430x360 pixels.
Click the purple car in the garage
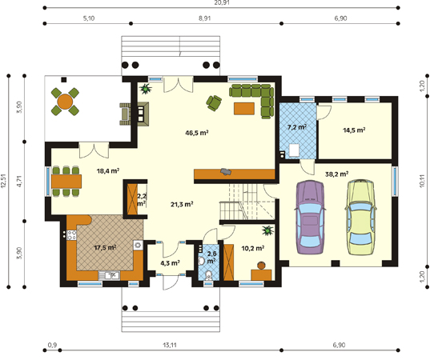pyautogui.click(x=311, y=218)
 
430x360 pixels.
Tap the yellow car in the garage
pyautogui.click(x=360, y=217)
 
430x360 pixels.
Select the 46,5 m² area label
pyautogui.click(x=197, y=133)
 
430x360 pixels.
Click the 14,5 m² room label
pyautogui.click(x=354, y=130)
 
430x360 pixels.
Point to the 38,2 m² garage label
pyautogui.click(x=337, y=174)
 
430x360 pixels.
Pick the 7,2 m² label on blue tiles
pyautogui.click(x=297, y=127)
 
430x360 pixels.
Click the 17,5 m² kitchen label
pyautogui.click(x=106, y=248)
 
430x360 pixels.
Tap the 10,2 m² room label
pyautogui.click(x=253, y=248)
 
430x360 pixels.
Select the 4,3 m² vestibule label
pyautogui.click(x=170, y=263)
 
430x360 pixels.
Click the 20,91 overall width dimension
pyautogui.click(x=222, y=2)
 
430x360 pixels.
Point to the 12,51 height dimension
pyautogui.click(x=3, y=181)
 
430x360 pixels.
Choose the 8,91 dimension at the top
pyautogui.click(x=205, y=18)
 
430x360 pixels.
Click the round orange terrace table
pyautogui.click(x=65, y=102)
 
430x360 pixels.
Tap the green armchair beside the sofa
pyautogui.click(x=214, y=103)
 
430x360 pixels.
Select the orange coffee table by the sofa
pyautogui.click(x=244, y=108)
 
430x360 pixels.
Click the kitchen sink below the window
pyautogui.click(x=109, y=275)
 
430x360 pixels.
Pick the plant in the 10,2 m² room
pyautogui.click(x=267, y=230)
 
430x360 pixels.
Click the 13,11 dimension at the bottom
pyautogui.click(x=170, y=345)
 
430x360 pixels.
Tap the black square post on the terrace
pyautogui.click(x=64, y=80)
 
